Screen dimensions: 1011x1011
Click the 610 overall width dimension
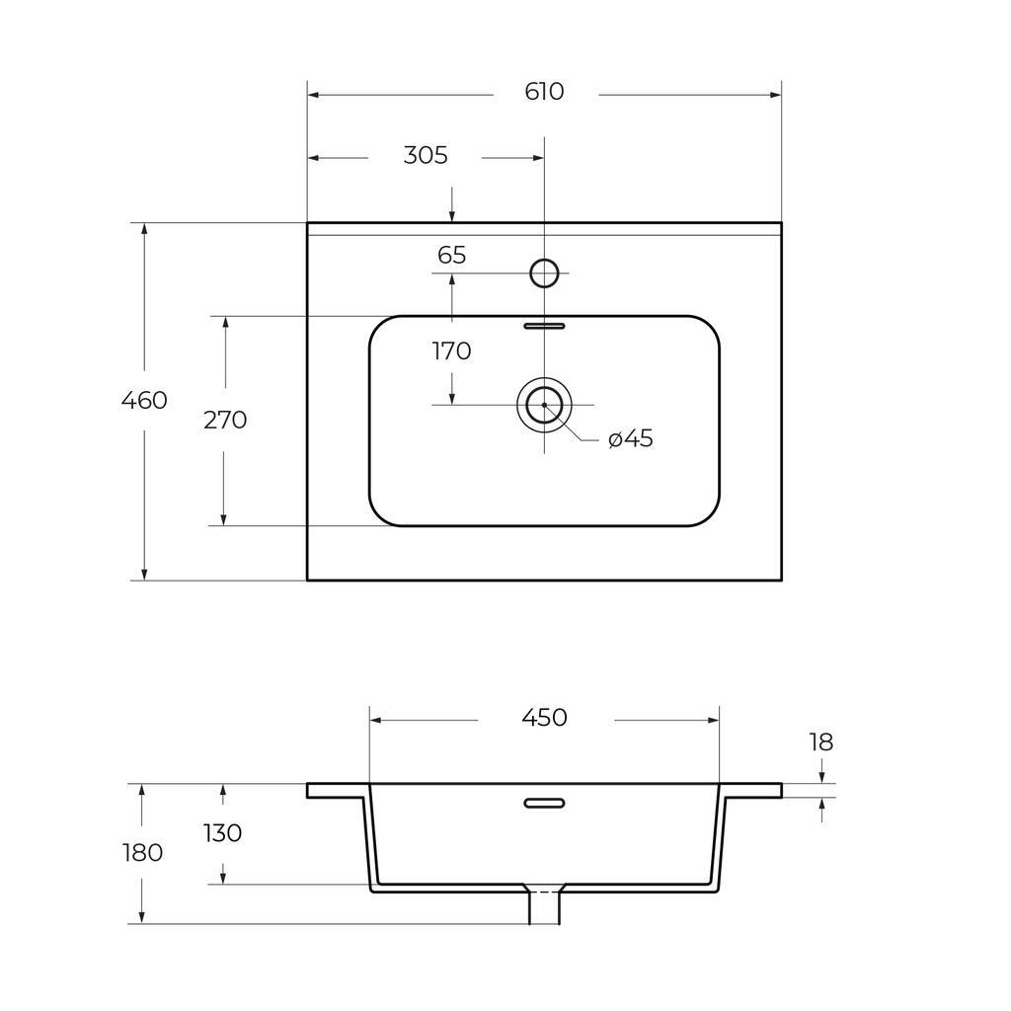click(544, 92)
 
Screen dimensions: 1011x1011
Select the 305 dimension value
click(426, 155)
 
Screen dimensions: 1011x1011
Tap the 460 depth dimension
click(144, 401)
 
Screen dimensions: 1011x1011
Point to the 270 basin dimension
click(225, 420)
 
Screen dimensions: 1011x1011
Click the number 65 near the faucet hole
click(451, 256)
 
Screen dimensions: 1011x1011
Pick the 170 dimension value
click(451, 351)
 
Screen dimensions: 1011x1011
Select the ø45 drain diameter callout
click(631, 438)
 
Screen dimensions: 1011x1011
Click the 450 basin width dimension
click(544, 718)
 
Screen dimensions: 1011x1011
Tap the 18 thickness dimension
click(821, 742)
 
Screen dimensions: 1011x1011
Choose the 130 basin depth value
click(222, 833)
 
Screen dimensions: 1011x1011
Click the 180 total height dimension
click(142, 853)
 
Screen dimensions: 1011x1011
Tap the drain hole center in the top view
click(544, 405)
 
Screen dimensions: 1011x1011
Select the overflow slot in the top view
click(544, 326)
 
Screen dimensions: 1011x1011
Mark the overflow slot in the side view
click(544, 803)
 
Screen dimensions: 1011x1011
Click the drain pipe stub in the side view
click(544, 905)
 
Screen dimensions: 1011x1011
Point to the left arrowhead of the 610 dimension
click(314, 96)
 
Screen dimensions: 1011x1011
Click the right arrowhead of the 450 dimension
click(713, 720)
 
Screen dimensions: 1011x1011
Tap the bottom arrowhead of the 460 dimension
click(144, 574)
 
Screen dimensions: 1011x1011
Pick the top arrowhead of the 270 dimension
click(225, 323)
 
